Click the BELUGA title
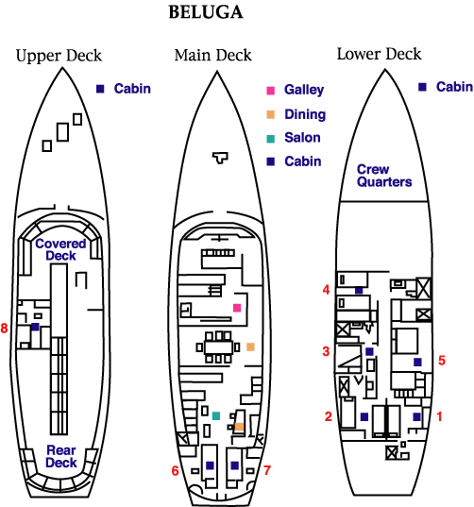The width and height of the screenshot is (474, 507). click(x=206, y=12)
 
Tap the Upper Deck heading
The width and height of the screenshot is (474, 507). click(x=59, y=56)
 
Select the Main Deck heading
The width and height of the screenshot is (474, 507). click(x=213, y=55)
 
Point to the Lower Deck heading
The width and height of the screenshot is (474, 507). click(x=380, y=54)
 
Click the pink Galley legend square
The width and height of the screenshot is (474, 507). click(x=271, y=91)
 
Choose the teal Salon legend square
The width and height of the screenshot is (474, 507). click(x=271, y=139)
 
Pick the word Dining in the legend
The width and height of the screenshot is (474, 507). click(x=305, y=114)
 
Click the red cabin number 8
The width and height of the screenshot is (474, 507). click(x=4, y=329)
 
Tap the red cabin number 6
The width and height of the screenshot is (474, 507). click(x=175, y=470)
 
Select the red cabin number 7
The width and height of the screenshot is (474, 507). click(x=267, y=470)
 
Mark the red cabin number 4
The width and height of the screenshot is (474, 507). click(x=327, y=290)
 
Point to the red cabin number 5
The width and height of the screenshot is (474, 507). click(x=442, y=361)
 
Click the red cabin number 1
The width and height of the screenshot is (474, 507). click(x=439, y=416)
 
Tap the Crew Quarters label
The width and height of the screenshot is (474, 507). click(x=384, y=176)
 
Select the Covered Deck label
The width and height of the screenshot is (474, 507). click(x=60, y=249)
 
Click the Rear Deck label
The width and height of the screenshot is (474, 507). click(x=61, y=456)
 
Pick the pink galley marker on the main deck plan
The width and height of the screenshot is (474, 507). click(x=237, y=308)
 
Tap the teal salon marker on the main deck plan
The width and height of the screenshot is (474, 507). click(x=216, y=415)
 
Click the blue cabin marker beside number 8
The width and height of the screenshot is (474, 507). click(x=35, y=327)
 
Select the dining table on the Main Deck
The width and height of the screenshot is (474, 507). click(x=218, y=347)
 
